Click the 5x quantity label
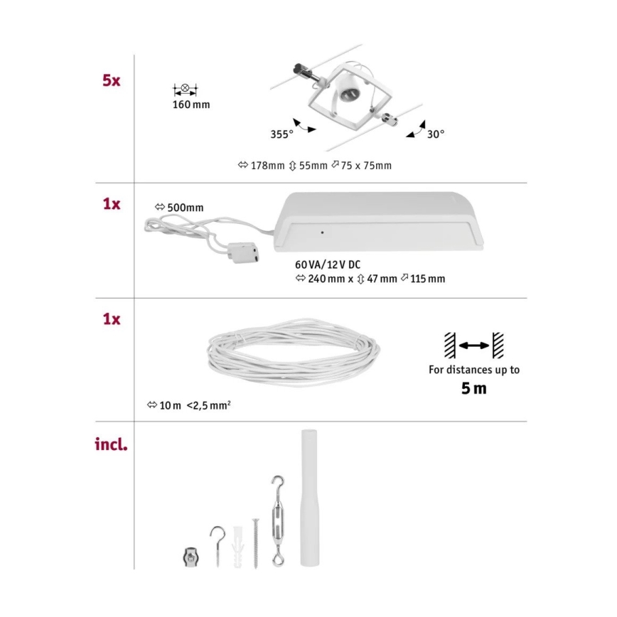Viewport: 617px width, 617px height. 111,80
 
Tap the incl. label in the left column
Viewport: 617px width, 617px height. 111,446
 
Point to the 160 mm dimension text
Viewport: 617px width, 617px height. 191,105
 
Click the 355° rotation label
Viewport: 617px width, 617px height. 282,134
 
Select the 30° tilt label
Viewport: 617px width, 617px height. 435,134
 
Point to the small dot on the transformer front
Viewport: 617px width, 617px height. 323,232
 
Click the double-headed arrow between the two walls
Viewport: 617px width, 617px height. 473,345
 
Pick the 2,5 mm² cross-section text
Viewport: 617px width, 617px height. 209,406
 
